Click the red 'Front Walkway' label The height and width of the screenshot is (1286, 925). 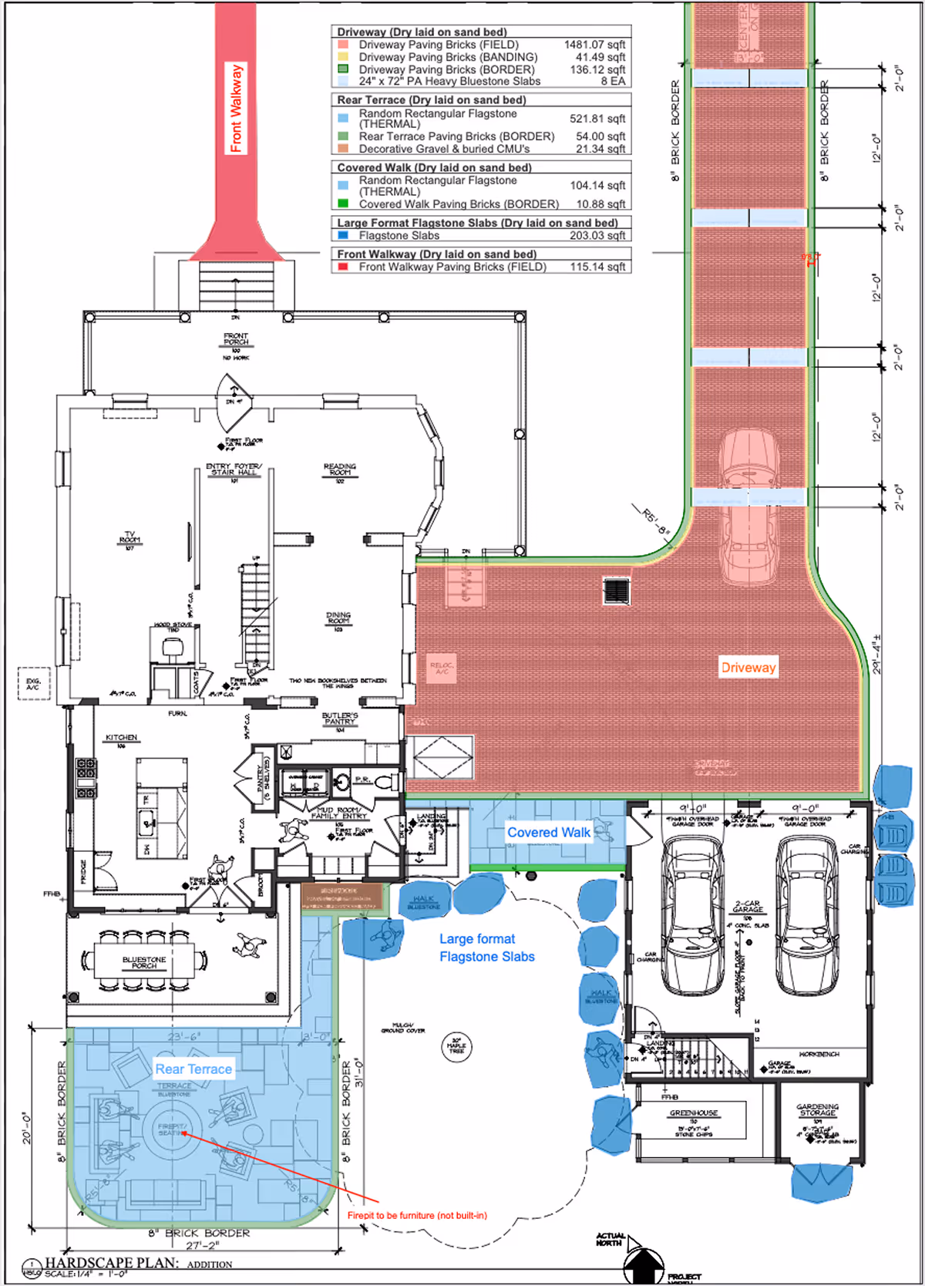coord(236,108)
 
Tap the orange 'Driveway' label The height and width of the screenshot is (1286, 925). coord(748,668)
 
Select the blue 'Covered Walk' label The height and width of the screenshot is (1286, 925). coord(548,833)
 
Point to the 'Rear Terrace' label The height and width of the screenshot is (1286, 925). coord(193,1069)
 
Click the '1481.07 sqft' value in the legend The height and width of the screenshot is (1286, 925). coord(594,45)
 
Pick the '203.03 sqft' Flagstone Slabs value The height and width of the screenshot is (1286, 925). coord(597,236)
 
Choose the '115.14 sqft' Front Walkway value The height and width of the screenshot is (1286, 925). coord(597,267)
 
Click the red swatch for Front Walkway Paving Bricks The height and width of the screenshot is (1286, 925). coord(343,267)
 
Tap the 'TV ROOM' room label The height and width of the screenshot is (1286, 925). coord(129,538)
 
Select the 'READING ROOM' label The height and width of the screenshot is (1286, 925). coord(340,470)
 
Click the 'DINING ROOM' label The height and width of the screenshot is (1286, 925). coord(338,618)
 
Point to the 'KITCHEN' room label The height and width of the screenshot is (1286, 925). coord(122,738)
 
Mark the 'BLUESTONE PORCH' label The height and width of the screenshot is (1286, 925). coord(144,962)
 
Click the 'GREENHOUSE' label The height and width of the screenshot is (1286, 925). coord(694,1113)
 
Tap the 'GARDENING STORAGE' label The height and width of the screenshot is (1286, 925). coord(817,1110)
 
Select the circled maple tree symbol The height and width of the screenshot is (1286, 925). coord(456,1046)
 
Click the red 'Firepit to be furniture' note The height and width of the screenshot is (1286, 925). coord(417,1216)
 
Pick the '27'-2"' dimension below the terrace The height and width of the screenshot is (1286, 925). coord(203,1245)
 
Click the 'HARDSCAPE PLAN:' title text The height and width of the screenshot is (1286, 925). coord(112,1263)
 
